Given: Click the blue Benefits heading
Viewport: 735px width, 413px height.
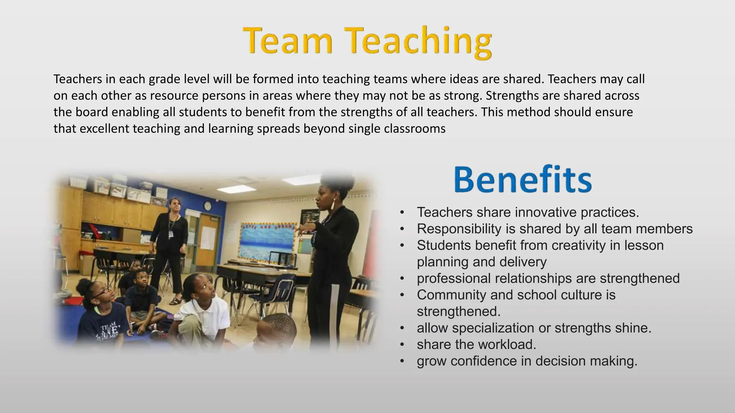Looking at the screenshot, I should point(523,180).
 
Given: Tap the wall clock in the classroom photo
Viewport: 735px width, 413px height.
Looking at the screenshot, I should point(207,206).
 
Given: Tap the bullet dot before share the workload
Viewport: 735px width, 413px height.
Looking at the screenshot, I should point(402,345).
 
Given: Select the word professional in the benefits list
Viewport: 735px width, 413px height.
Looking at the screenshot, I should point(454,279).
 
